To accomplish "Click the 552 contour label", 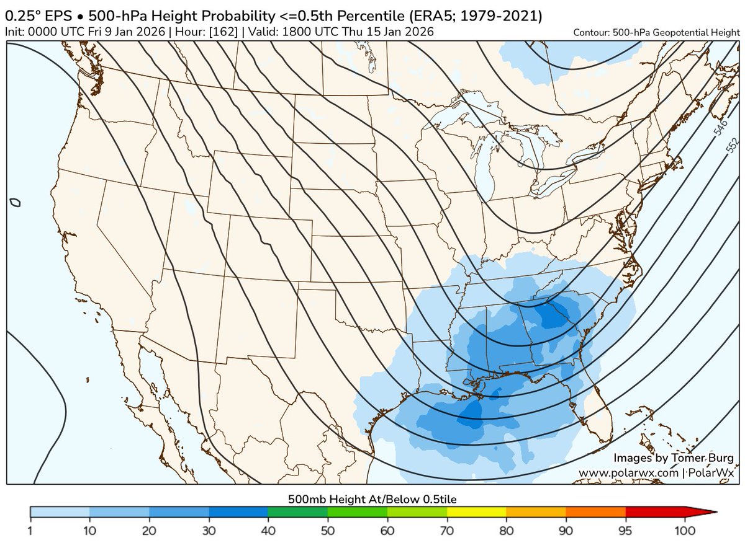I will click(732, 145).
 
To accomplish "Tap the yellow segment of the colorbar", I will click(476, 512).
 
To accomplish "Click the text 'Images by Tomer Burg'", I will click(674, 458).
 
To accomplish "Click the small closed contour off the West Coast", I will click(16, 202).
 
